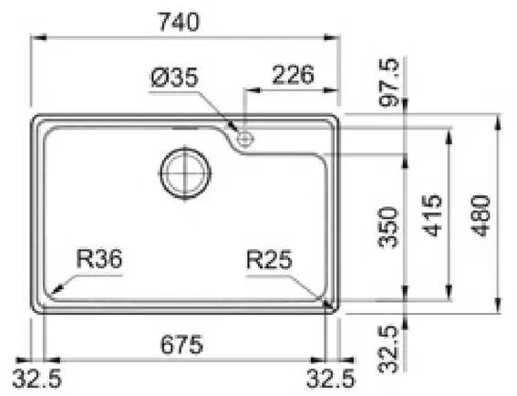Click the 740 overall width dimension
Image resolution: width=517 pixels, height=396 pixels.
[x=179, y=22]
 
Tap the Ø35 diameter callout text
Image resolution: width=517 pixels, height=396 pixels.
[x=175, y=78]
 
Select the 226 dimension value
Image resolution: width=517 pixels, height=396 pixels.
[x=293, y=75]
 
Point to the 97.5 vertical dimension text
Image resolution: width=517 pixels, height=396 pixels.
[x=389, y=82]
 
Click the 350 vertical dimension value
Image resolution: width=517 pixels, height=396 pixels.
[x=388, y=227]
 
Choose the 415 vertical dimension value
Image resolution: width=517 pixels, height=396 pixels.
[x=432, y=216]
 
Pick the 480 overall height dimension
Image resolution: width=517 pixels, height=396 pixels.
[x=481, y=216]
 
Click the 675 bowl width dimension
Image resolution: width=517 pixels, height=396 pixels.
[x=181, y=344]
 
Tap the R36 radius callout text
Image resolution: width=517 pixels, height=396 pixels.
[x=99, y=259]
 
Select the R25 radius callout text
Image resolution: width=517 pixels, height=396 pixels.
[x=269, y=260]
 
